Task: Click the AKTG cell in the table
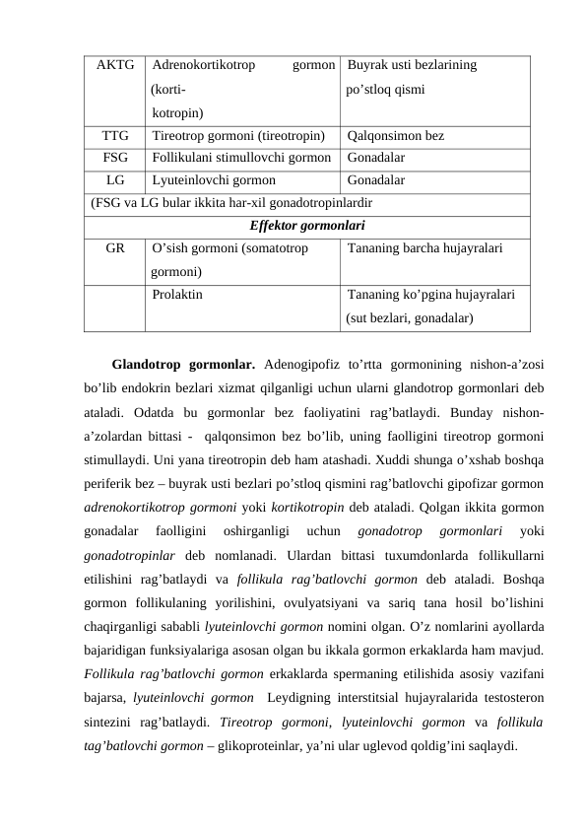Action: pos(115,66)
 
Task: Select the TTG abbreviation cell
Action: pos(115,135)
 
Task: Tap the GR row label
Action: pos(115,249)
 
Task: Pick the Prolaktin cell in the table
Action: pos(178,295)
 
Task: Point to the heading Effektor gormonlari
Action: pos(307,226)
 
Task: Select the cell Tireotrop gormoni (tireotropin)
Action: pos(239,135)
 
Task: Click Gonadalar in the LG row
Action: pos(375,180)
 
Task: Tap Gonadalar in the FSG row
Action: pos(375,157)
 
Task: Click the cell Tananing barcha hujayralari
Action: pos(424,249)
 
